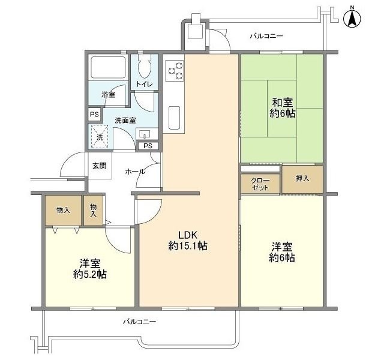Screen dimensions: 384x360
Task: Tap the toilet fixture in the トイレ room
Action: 145,66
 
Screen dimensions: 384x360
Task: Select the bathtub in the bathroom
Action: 108,67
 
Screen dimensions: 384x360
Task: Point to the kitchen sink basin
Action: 175,118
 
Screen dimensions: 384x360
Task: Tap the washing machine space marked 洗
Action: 100,137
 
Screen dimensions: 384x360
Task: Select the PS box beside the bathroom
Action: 95,115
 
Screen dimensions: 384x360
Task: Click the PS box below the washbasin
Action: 148,146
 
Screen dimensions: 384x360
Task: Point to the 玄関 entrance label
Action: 100,166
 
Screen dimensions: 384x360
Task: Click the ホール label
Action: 135,172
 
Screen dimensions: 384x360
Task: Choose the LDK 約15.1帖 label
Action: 188,241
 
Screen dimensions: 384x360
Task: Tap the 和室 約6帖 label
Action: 283,108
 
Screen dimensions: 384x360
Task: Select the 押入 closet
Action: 302,179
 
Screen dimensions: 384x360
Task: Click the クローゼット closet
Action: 260,184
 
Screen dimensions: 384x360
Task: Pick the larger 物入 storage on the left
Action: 63,211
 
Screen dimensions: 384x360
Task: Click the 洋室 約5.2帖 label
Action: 90,269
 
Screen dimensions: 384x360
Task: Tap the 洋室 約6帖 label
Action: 282,252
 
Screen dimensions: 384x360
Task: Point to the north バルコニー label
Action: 266,36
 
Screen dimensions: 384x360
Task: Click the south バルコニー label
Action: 140,322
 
